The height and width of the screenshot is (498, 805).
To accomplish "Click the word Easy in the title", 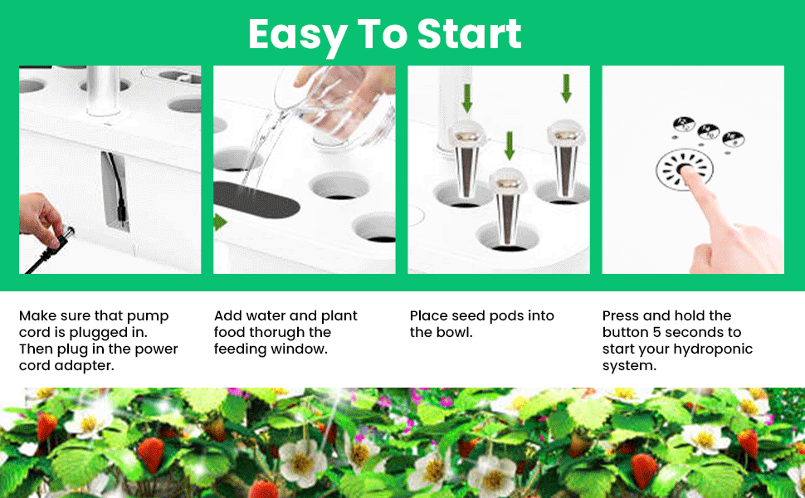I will tap(296, 35).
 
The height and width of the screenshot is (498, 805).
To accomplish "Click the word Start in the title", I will tap(470, 34).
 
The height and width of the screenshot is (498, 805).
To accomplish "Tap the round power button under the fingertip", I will tap(684, 171).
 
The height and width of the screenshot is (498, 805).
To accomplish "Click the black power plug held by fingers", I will tap(60, 237).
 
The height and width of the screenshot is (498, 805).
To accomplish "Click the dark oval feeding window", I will tap(249, 198).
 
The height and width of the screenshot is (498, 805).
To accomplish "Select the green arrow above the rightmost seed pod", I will tap(566, 87).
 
